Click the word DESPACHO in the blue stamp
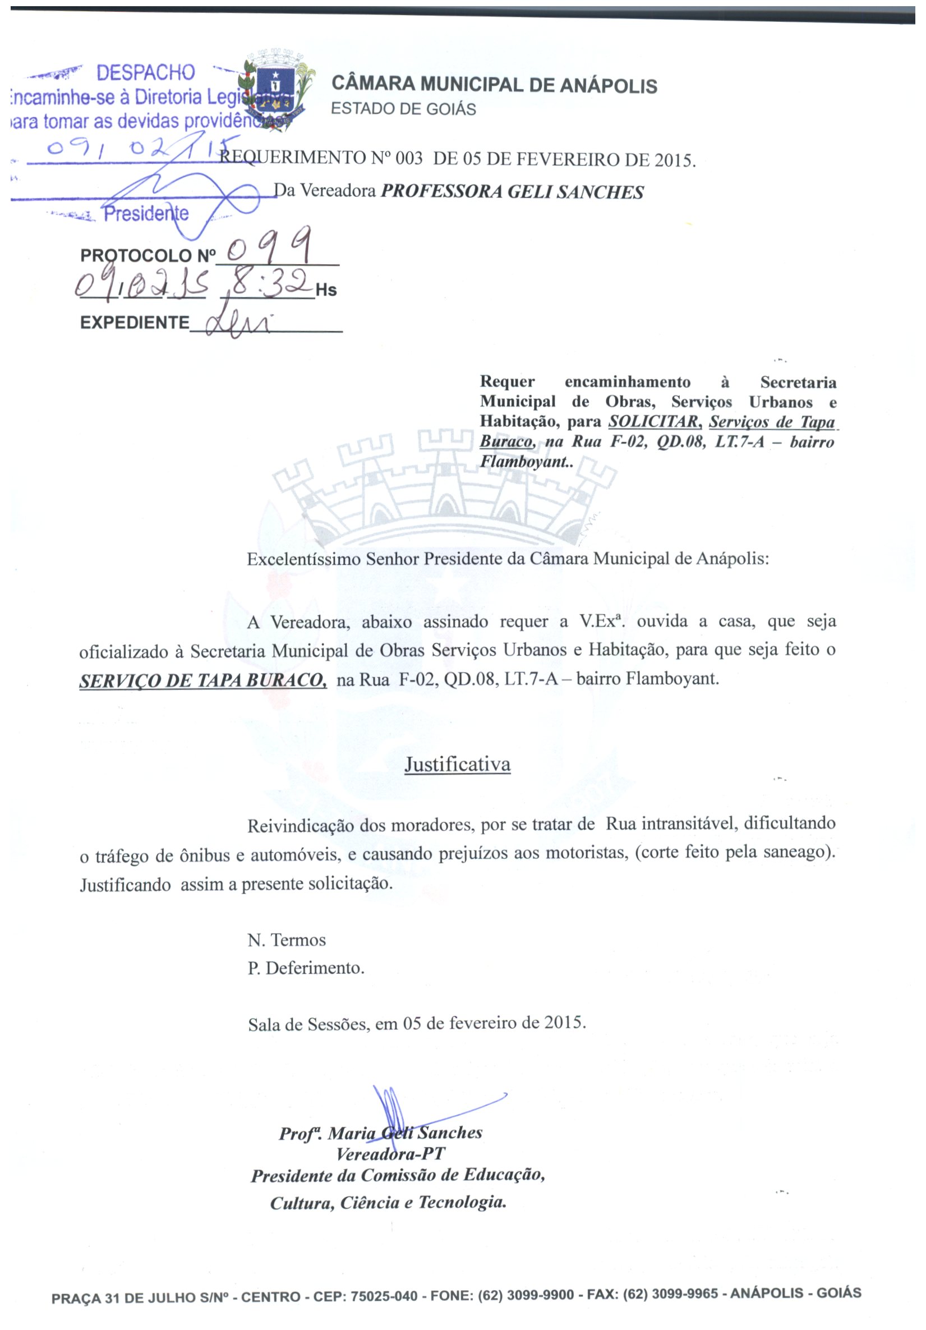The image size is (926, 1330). pos(145,73)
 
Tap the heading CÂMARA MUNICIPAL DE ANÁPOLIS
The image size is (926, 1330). pos(494,85)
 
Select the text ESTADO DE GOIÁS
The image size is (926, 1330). pos(403,109)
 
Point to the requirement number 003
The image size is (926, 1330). pos(409,159)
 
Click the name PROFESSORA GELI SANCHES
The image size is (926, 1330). pos(512,192)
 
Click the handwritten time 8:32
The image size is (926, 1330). pos(268,284)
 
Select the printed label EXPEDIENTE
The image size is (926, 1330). pos(135,323)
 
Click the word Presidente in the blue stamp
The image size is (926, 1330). pos(146,214)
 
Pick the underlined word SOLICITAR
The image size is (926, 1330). pos(653,422)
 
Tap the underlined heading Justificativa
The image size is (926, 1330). pos(458,765)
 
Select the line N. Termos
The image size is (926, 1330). pos(287,940)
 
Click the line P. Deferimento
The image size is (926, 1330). pos(306,968)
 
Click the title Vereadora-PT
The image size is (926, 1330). pos(390,1154)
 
